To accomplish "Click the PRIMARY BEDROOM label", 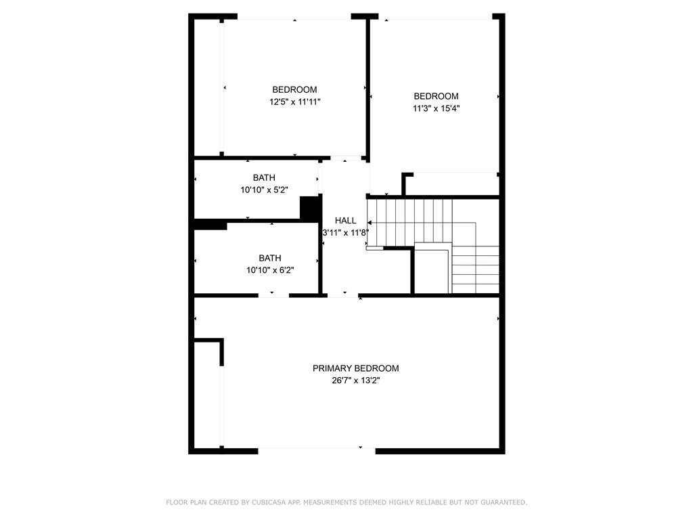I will tap(355, 368).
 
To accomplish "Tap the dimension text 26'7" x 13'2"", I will tap(355, 381).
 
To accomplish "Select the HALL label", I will tap(345, 221).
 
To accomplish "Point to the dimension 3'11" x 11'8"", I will tap(345, 233).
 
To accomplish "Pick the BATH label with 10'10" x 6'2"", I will tap(269, 258).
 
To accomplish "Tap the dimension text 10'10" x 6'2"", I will tap(269, 270).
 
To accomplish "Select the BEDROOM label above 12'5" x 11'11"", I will tap(294, 89).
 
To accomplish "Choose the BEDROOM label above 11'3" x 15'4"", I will tap(436, 96).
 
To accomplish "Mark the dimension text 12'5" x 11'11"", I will tap(294, 102).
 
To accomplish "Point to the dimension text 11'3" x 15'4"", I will tap(436, 108).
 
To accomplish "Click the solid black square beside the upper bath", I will tap(309, 208).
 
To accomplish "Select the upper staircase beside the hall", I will tap(410, 221).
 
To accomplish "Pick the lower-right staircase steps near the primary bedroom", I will tap(474, 269).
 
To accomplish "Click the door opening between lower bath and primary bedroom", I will tap(273, 295).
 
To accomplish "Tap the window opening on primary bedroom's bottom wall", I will tap(317, 450).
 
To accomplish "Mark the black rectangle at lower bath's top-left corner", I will tap(210, 225).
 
